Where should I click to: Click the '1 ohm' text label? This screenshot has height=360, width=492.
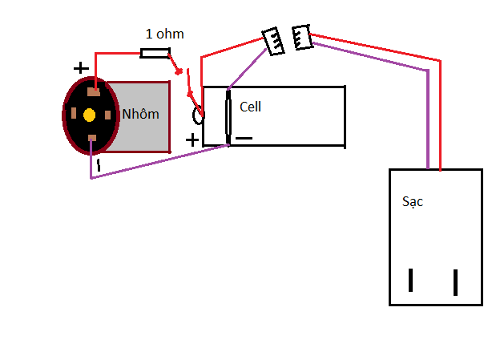pos(165,34)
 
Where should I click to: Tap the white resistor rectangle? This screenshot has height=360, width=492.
pos(155,53)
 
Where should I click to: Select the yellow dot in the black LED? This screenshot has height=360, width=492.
pos(90,115)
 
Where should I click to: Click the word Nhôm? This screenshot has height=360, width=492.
pos(140,114)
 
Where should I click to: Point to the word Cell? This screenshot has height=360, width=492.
pos(250,107)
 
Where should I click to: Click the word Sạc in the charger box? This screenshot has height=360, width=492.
pos(413,201)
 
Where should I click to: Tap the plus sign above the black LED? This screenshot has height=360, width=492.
pos(81,68)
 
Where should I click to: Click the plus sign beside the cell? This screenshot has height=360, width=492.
pos(192,140)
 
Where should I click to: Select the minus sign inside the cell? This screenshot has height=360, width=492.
pos(244,138)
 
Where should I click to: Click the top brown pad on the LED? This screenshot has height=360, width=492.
pos(94,92)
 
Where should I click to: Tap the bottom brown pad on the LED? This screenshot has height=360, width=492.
pos(92,138)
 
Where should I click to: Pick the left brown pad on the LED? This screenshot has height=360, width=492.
pos(74,113)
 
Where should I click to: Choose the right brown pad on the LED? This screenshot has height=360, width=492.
pos(107,115)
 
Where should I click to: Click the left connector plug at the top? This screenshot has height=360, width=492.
pos(273,42)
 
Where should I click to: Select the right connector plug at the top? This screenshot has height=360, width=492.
pos(302,37)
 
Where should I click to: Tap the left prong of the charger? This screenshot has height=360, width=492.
pos(410,280)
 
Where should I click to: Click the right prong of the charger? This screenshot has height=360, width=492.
pos(455,282)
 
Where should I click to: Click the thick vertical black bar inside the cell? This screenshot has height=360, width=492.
pos(228,117)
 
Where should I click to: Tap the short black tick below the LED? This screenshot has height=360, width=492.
pos(99,165)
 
